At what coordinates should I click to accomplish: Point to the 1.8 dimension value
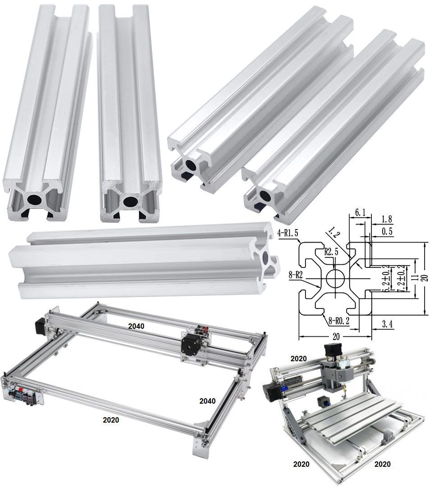point(387,220)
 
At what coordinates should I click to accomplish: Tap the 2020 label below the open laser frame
point(111,420)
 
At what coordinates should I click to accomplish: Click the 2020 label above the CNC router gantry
point(299,359)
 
